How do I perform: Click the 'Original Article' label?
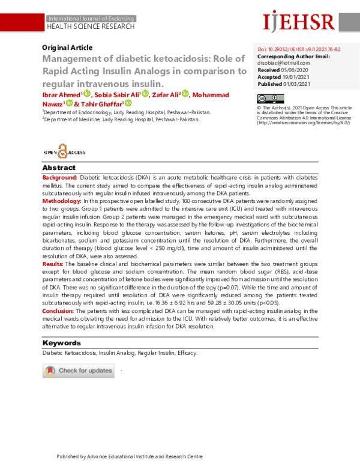(67, 47)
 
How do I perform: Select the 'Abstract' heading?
(59, 168)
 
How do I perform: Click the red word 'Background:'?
(60, 179)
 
